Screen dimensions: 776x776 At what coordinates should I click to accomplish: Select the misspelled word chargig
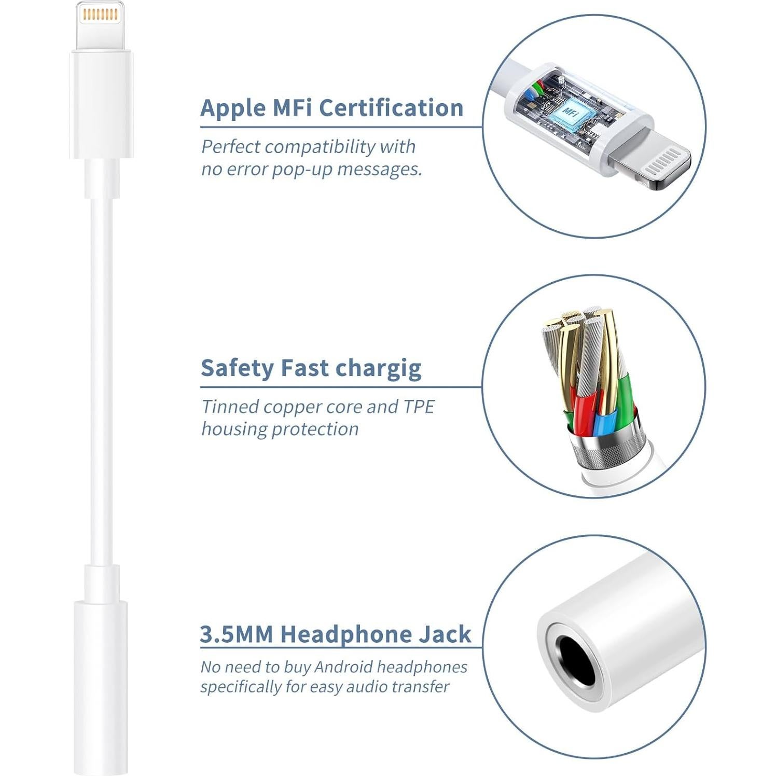pos(378,369)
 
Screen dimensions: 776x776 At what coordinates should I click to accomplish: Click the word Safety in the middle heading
pos(237,368)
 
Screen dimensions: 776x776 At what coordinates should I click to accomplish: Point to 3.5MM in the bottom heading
pos(236,634)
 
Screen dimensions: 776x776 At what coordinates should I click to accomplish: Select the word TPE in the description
pos(418,407)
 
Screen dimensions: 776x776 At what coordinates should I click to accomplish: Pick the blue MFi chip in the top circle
pos(570,113)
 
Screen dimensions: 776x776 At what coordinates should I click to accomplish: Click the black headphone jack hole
pos(576,660)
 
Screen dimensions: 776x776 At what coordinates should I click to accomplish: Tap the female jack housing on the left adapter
pos(101,685)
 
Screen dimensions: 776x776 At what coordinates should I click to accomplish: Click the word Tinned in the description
pos(230,407)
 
